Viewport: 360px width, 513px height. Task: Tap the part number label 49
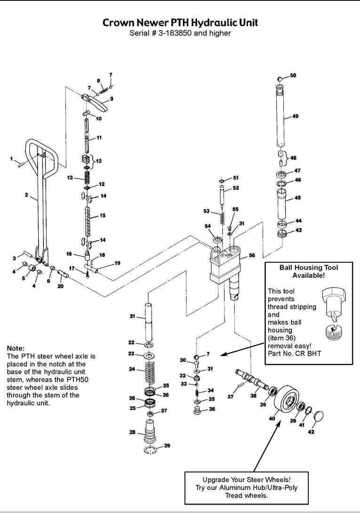click(x=295, y=116)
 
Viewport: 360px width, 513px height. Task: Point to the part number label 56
click(x=252, y=255)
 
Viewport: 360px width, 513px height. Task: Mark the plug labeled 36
click(x=198, y=410)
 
